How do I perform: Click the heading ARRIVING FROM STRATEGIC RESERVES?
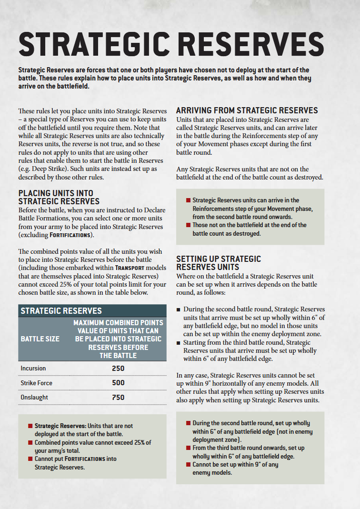247,110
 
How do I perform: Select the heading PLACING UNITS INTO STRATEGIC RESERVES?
59,198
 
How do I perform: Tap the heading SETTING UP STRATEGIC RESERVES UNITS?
219,263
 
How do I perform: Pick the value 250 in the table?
118,369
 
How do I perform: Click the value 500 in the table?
118,383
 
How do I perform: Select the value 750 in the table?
118,397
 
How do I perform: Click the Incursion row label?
33,369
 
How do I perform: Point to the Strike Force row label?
36,383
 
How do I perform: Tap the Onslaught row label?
34,397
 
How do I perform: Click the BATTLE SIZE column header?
40,339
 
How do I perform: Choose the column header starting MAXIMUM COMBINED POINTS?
118,339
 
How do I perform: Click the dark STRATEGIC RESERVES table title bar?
92,311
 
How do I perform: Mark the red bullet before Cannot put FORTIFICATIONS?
30,459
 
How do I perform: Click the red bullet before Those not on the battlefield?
189,225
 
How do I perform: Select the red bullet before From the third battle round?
189,448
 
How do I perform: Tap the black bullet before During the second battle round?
178,309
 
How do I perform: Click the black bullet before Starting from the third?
178,342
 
